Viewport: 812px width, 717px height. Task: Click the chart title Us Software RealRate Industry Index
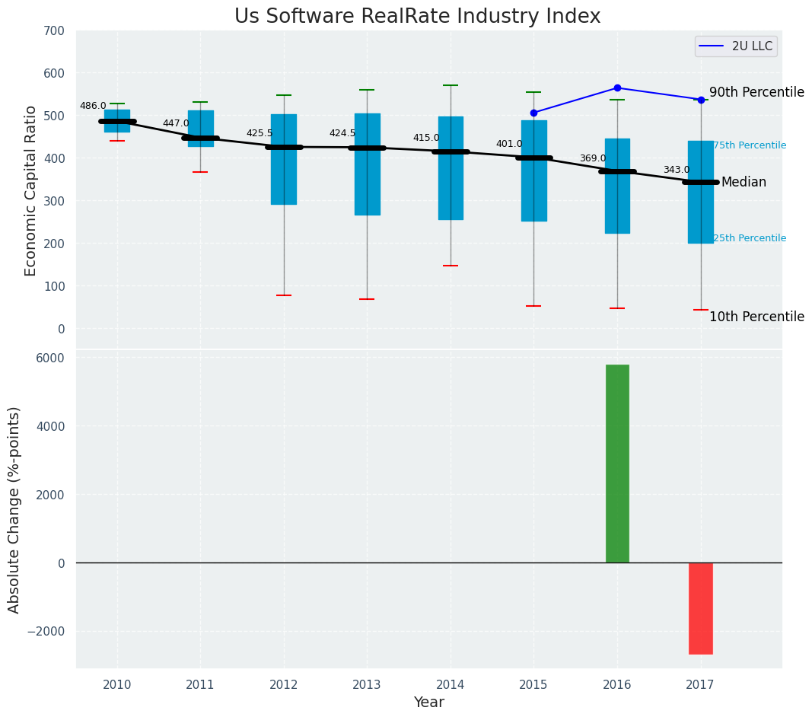pyautogui.click(x=417, y=17)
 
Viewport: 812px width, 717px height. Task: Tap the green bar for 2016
pyautogui.click(x=617, y=464)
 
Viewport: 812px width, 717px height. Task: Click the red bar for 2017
pyautogui.click(x=700, y=608)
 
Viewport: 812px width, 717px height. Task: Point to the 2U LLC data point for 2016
pyautogui.click(x=617, y=88)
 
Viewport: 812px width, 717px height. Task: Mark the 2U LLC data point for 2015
pyautogui.click(x=533, y=113)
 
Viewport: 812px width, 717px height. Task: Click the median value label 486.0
pyautogui.click(x=93, y=106)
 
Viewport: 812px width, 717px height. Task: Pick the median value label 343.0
pyautogui.click(x=677, y=170)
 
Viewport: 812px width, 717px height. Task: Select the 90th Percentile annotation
pyautogui.click(x=756, y=93)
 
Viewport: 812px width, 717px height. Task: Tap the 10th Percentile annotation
pyautogui.click(x=756, y=317)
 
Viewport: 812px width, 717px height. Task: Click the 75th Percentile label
pyautogui.click(x=750, y=145)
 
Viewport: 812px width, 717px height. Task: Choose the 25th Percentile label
pyautogui.click(x=750, y=238)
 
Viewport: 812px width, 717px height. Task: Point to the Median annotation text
pyautogui.click(x=744, y=183)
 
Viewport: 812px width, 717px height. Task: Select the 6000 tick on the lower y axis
pyautogui.click(x=51, y=358)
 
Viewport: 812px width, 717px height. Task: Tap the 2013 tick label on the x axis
pyautogui.click(x=367, y=685)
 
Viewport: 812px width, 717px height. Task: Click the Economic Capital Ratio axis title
pyautogui.click(x=31, y=190)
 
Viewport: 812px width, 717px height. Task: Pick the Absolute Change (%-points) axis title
pyautogui.click(x=14, y=509)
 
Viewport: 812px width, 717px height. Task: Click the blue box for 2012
pyautogui.click(x=284, y=159)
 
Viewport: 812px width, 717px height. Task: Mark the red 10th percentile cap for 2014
pyautogui.click(x=451, y=266)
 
